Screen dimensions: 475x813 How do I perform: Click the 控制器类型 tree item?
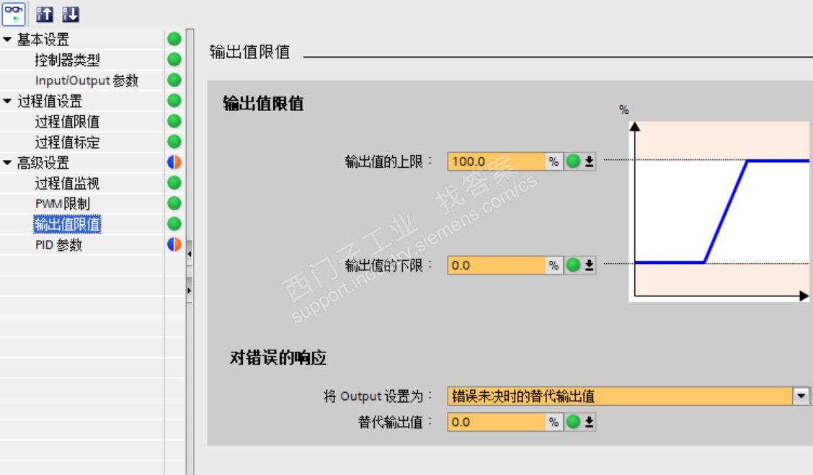pos(67,60)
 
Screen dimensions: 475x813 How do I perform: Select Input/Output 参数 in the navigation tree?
pos(86,81)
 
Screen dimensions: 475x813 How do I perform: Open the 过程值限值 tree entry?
pos(67,122)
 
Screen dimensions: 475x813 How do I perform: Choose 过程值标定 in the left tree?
pos(67,143)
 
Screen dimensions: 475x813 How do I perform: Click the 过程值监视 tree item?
pos(67,184)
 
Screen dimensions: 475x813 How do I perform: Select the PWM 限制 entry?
pos(63,204)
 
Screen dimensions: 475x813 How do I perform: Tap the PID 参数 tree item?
pos(58,245)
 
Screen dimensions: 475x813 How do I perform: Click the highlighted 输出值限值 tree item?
pos(67,225)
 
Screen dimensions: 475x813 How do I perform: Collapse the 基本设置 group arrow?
pos(7,40)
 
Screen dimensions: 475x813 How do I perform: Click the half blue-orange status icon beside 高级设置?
pos(174,163)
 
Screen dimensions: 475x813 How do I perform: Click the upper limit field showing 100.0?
pos(496,161)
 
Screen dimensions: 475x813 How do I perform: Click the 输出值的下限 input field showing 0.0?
pos(496,265)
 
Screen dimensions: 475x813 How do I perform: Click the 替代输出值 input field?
pos(496,422)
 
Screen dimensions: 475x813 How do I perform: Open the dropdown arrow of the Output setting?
pos(801,396)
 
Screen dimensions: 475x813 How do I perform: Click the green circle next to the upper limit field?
pos(573,161)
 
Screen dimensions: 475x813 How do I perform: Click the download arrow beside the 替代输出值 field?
pos(589,422)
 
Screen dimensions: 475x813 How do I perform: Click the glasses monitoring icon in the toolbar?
pos(14,14)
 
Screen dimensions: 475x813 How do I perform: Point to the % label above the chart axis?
pos(624,110)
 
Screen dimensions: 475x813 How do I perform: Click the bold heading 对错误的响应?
pos(278,358)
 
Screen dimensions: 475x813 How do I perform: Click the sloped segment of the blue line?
pos(725,212)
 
